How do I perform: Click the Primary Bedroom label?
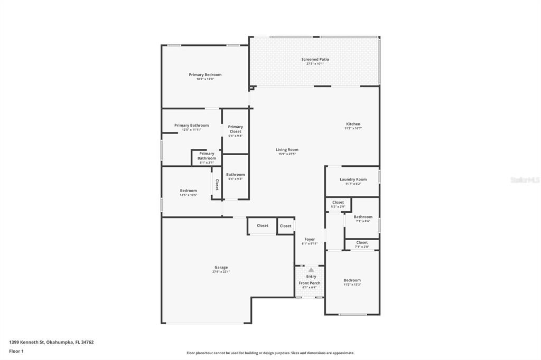pos(205,75)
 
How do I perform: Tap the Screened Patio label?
pos(315,60)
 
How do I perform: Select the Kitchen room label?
pos(353,124)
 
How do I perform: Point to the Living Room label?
pos(287,150)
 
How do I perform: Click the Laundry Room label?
pos(353,179)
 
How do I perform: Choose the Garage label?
pos(221,268)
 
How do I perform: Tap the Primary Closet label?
pos(236,129)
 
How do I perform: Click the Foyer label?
pos(309,239)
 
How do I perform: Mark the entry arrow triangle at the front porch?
pos(311,269)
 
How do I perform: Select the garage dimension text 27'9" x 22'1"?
pos(221,272)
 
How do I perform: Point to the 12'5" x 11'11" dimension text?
pos(191,130)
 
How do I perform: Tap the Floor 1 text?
pos(16,351)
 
